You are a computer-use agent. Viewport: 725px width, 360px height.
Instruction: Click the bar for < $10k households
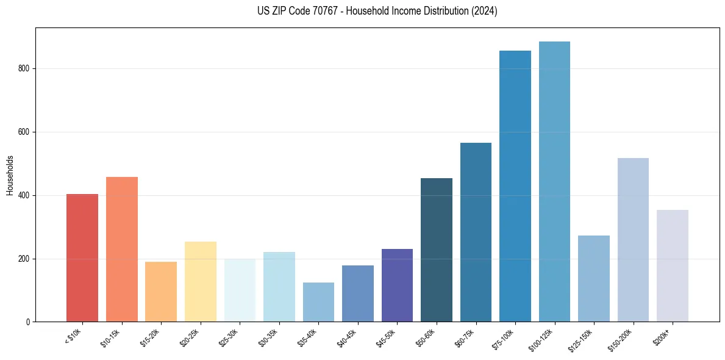(82, 257)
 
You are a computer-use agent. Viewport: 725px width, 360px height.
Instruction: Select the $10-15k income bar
(122, 249)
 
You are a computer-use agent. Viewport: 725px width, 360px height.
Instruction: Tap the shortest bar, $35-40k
(318, 302)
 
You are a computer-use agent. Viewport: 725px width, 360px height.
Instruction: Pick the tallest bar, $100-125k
(554, 182)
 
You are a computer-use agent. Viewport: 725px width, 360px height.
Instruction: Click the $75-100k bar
(515, 186)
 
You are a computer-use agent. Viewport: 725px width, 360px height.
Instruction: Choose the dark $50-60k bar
(437, 250)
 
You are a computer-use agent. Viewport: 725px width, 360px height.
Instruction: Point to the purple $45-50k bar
(397, 285)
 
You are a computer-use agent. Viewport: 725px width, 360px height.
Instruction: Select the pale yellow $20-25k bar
(201, 281)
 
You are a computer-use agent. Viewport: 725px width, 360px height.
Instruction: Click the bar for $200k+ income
(673, 265)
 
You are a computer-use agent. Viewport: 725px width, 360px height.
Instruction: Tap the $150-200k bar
(633, 240)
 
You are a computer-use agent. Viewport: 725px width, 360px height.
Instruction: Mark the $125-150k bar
(594, 278)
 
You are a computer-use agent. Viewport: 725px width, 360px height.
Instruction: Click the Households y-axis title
(10, 175)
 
